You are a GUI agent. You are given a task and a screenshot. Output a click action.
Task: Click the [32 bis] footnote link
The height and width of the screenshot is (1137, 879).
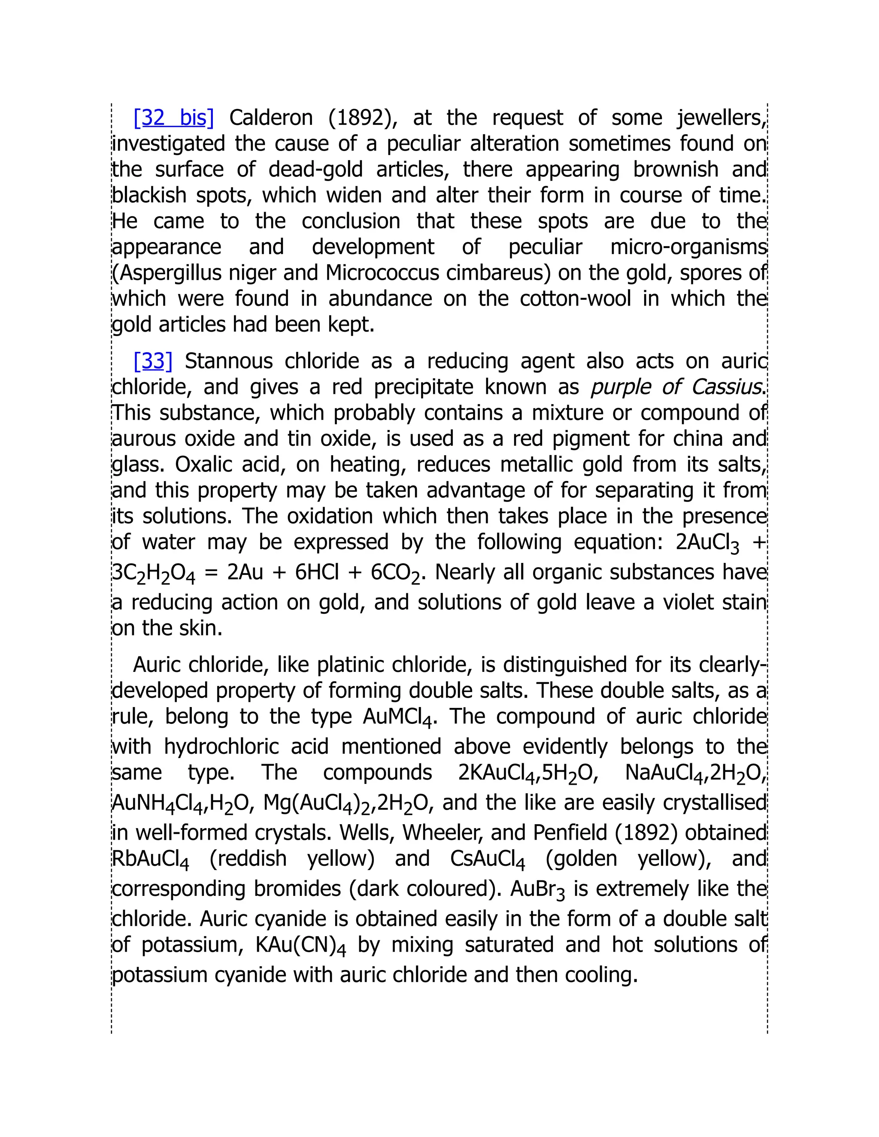click(173, 118)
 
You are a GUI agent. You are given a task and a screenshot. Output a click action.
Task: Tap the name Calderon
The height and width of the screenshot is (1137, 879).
click(270, 118)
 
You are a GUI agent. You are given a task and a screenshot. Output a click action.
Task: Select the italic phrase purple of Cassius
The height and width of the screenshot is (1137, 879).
click(676, 387)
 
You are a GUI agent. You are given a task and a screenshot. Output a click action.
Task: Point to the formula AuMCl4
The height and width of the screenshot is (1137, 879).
click(397, 717)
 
